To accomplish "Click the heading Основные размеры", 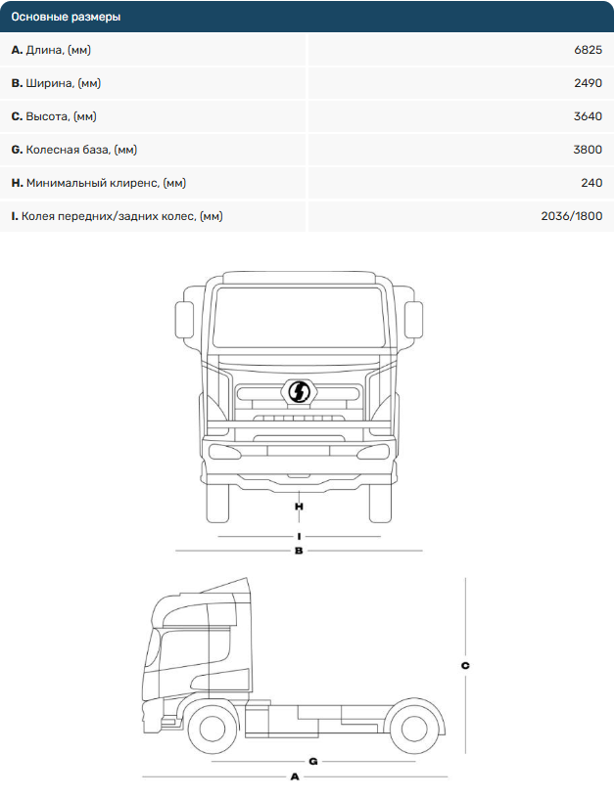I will point(67,17).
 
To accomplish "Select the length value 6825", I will point(587,50).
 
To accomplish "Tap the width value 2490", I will point(588,83).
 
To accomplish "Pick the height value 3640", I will point(588,116).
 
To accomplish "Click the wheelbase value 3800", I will point(588,150).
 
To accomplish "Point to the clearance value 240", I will point(591,183).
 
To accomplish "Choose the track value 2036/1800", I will point(571,216).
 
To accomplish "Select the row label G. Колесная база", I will point(73,150).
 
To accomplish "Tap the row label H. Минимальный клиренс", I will point(98,183).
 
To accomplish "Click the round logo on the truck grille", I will point(298,392).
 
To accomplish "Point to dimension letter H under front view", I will point(299,507).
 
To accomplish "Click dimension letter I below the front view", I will point(299,537).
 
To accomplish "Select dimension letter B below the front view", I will point(299,552).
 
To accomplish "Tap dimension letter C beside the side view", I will point(465,666).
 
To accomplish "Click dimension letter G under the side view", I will point(312,761).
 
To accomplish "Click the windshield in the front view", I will point(298,318).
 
